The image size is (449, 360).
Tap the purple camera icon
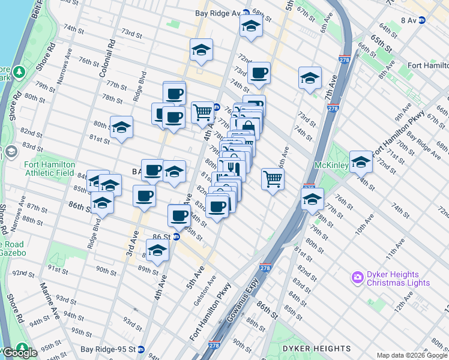(x=358, y=276)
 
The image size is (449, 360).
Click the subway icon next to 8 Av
(x=422, y=20)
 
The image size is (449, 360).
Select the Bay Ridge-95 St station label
(x=108, y=349)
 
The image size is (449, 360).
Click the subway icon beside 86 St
(x=176, y=237)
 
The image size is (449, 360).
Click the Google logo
(x=19, y=352)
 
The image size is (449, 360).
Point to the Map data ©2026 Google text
(x=411, y=355)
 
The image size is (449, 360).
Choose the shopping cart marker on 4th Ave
(x=203, y=112)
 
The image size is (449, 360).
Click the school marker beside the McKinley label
(x=361, y=161)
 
